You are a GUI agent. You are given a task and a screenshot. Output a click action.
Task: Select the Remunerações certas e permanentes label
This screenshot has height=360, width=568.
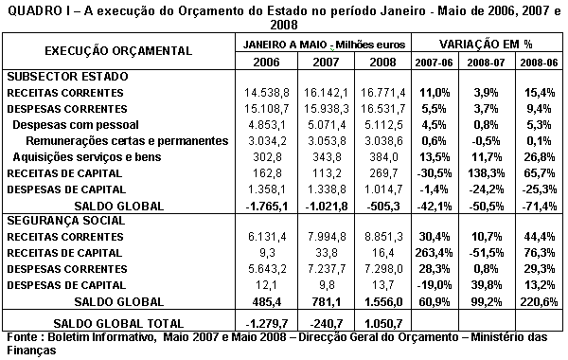pyautogui.click(x=113, y=140)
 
